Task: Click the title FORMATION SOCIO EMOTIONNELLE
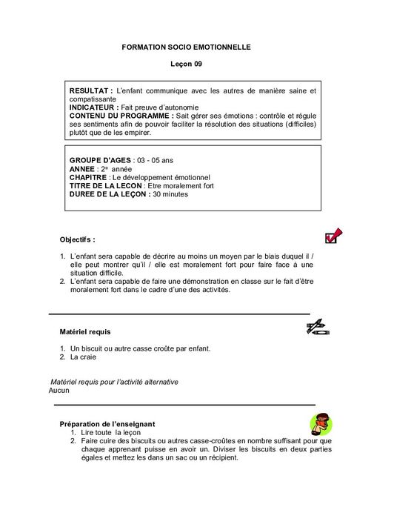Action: [187, 47]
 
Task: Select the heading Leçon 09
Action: [187, 64]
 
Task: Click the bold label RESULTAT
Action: [90, 90]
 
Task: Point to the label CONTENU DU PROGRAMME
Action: [118, 116]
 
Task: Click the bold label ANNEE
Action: [83, 169]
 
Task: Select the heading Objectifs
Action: [77, 240]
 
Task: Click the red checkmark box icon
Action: [333, 236]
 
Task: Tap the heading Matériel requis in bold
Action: [84, 331]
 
